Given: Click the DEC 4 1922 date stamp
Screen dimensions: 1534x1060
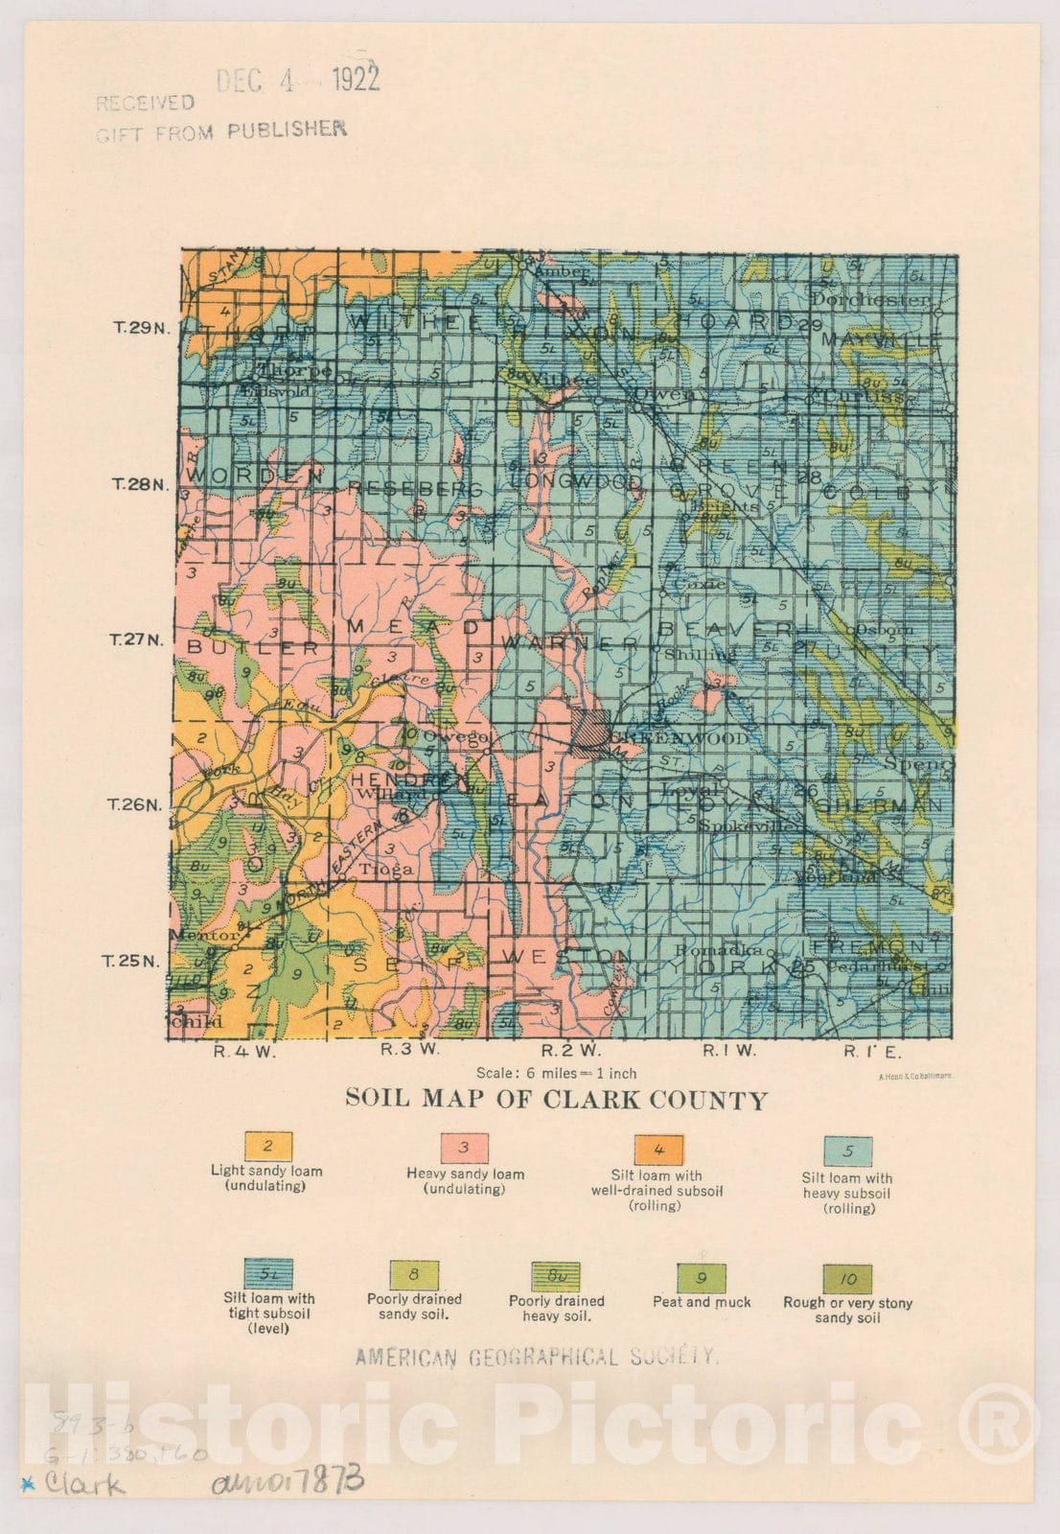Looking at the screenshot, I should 297,80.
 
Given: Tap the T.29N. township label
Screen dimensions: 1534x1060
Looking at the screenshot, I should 141,327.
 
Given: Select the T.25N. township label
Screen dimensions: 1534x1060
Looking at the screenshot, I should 130,961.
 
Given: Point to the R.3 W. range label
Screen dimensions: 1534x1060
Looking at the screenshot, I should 410,1050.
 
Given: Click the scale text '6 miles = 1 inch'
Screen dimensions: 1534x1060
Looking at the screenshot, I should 556,1073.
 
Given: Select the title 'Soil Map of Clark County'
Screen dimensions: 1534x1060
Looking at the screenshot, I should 556,1099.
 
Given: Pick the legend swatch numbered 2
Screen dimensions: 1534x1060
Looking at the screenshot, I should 267,1146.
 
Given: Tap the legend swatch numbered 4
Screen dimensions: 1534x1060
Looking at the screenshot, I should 658,1150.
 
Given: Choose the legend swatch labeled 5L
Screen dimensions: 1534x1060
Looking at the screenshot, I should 268,1274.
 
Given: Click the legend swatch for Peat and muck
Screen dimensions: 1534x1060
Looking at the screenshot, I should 702,1278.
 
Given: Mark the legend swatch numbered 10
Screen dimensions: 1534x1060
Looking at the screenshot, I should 847,1279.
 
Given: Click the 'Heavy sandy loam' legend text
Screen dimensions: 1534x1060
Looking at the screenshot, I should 465,1174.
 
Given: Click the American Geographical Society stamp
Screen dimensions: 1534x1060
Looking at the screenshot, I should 537,1357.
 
